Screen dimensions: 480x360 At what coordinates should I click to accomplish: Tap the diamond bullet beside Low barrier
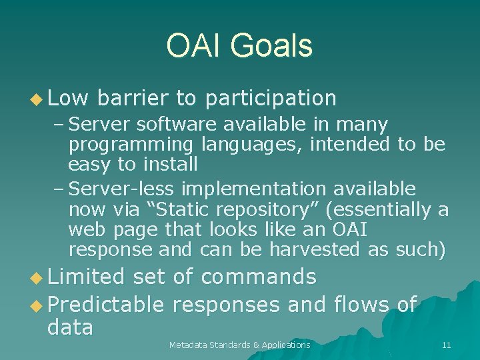[x=37, y=99]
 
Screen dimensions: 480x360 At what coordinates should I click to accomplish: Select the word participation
[x=271, y=99]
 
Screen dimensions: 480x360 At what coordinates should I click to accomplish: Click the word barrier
[x=133, y=97]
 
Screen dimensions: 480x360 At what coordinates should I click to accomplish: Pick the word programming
[x=131, y=145]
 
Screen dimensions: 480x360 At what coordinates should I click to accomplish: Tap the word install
[x=170, y=163]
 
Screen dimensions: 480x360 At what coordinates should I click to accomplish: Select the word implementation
[x=254, y=189]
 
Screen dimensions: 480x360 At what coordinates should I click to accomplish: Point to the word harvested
[x=315, y=249]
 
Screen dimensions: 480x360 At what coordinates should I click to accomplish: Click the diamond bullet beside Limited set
[x=37, y=278]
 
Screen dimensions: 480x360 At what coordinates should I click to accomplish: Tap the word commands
[x=259, y=276]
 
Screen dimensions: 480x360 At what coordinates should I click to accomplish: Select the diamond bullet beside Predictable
[x=37, y=306]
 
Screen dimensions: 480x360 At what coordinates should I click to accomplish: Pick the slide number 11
[x=446, y=345]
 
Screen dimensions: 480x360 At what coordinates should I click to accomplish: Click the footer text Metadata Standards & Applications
[x=240, y=345]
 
